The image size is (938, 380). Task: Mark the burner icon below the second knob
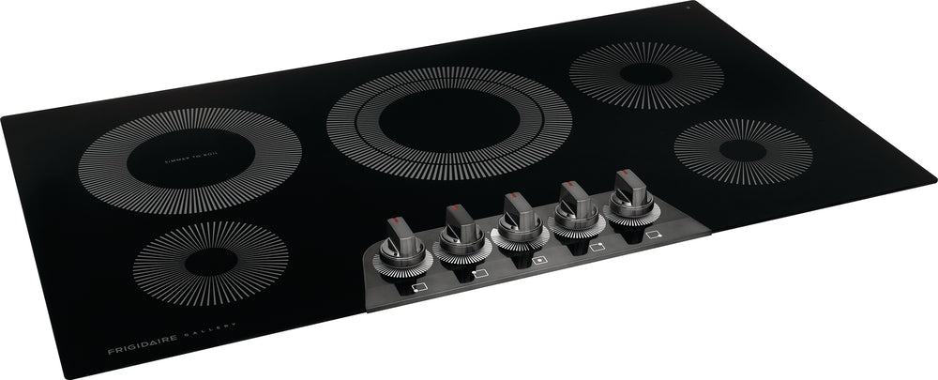coord(479,272)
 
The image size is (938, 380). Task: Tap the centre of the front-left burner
coord(210,262)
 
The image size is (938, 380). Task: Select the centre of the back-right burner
coord(645,75)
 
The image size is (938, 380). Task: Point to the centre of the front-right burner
coord(742,150)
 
